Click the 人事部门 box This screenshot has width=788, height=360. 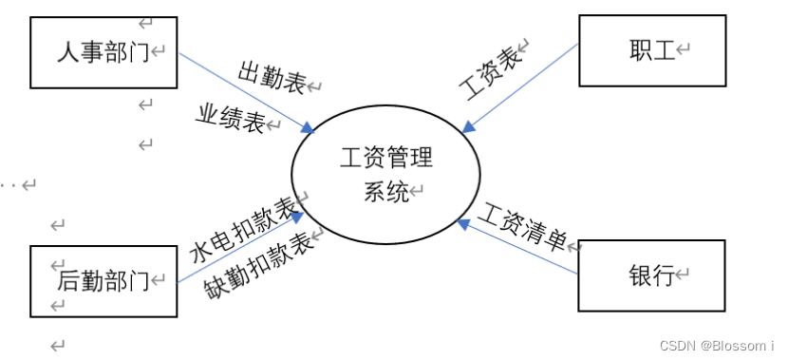[103, 51]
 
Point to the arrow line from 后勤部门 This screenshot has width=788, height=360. [237, 250]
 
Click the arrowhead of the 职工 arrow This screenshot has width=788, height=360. [468, 124]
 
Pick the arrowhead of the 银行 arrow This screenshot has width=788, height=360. [463, 224]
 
